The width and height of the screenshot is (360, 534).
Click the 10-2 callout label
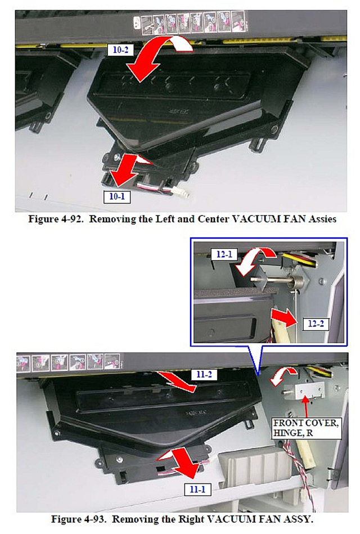(120, 50)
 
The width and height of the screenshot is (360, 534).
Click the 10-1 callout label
(117, 196)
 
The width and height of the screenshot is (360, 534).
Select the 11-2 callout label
(204, 375)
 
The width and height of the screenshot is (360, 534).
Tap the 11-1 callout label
(197, 490)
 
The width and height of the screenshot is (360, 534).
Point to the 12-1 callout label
(224, 254)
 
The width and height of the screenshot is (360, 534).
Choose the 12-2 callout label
(316, 324)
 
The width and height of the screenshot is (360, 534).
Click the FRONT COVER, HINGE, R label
(306, 428)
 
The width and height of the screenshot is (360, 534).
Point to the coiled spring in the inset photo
(298, 282)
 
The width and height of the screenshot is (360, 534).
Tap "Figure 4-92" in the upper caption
(56, 219)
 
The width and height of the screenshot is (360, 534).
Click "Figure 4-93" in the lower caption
(79, 519)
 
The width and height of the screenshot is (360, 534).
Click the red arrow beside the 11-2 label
(177, 382)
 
